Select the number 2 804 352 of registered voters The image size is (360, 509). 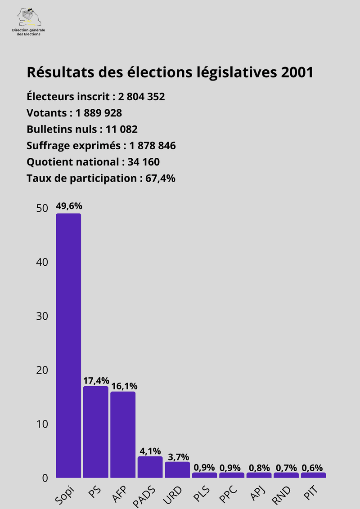[141, 97]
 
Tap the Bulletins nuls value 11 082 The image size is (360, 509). [121, 129]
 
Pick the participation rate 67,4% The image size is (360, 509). [160, 179]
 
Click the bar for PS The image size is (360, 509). [95, 432]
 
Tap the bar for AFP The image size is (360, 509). [123, 434]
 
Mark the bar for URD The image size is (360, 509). [177, 469]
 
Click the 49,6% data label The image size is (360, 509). [69, 206]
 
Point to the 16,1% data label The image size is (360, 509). [123, 386]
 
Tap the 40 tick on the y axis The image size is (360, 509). [42, 262]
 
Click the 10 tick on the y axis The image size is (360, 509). [42, 424]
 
